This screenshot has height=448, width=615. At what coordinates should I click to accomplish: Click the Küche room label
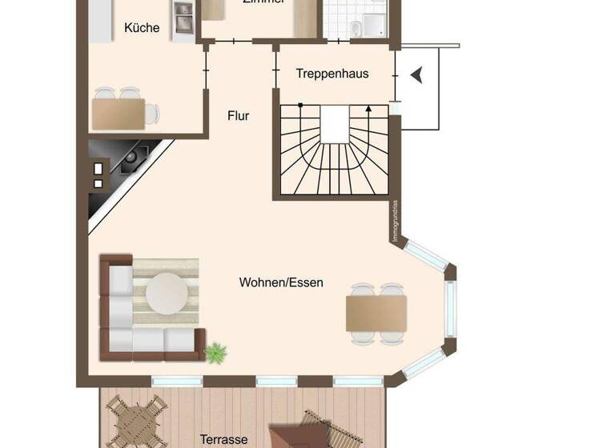(x=142, y=28)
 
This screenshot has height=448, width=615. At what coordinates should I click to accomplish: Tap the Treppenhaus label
(x=332, y=74)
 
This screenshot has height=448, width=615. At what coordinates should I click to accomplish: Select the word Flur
(x=238, y=116)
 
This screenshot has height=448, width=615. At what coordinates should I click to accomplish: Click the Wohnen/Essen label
(x=281, y=282)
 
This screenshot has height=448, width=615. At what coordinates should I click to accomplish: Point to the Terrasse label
(x=224, y=439)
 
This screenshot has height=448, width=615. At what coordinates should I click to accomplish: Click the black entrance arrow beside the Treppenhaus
(x=416, y=75)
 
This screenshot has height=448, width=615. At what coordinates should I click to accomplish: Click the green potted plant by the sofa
(x=215, y=352)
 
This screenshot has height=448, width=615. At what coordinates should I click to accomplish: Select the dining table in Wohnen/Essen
(x=376, y=313)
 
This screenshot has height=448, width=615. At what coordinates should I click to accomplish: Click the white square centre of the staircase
(x=335, y=124)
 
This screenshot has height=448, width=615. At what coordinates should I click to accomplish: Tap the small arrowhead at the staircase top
(x=368, y=108)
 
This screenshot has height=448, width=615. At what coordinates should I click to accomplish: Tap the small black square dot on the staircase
(x=300, y=105)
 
